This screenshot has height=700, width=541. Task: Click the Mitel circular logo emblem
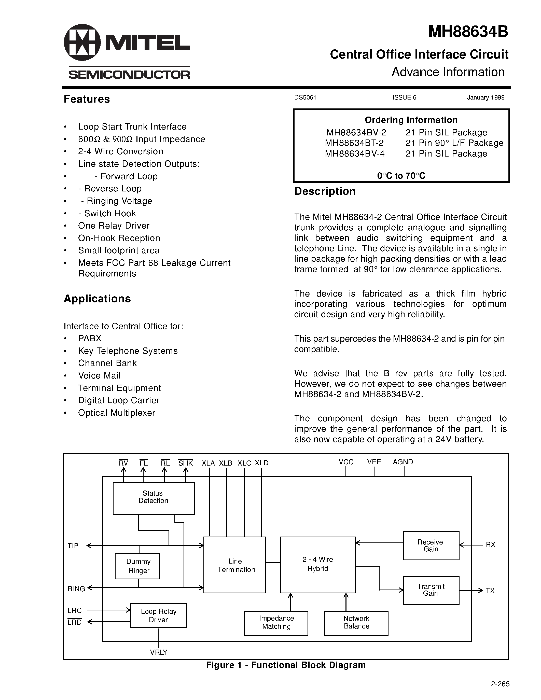point(82,42)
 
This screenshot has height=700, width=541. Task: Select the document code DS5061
point(305,97)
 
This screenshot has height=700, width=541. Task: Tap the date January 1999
point(485,97)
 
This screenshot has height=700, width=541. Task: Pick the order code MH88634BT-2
point(354,143)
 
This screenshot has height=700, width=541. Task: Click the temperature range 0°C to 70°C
point(401,176)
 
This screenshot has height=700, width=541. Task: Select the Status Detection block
point(154,498)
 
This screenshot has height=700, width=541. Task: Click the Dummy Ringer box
point(137,566)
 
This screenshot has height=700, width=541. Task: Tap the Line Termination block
point(235,565)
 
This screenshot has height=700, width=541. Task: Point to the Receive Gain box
point(431,545)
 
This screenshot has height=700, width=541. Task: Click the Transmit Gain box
point(431,590)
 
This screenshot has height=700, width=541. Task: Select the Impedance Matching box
point(276,623)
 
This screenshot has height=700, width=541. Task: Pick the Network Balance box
point(356,623)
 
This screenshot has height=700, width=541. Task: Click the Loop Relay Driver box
point(158,615)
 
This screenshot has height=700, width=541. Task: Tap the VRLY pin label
point(158,652)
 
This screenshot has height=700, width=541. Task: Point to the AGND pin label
point(403,462)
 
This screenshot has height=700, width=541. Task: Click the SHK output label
point(186,463)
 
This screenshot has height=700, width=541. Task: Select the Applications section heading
point(97,298)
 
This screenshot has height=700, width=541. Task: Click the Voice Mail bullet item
point(99,375)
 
